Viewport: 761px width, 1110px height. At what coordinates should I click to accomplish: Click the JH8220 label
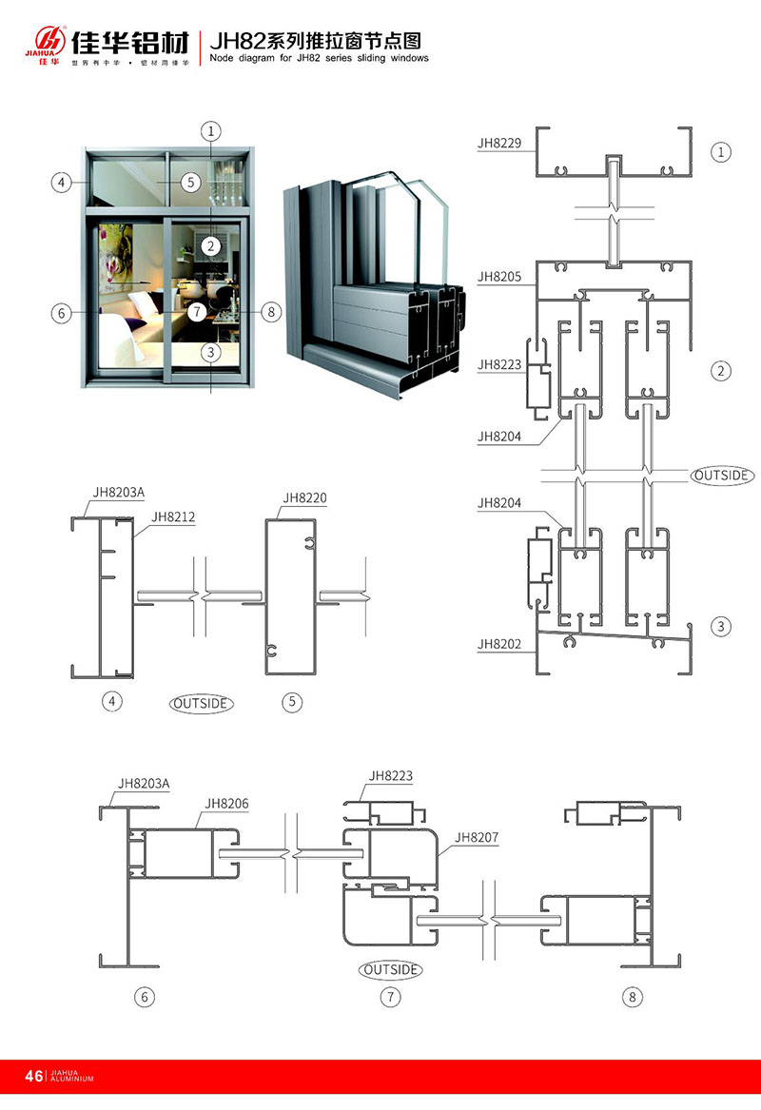304,497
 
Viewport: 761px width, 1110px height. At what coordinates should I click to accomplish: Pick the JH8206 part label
226,804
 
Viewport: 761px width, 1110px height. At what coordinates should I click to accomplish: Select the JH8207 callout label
478,838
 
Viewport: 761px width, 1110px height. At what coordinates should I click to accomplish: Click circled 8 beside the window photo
271,311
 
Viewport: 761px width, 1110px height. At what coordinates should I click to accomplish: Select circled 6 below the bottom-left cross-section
145,997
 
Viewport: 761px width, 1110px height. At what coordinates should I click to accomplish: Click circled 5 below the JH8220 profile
292,702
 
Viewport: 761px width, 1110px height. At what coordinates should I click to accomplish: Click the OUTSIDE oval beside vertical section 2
722,475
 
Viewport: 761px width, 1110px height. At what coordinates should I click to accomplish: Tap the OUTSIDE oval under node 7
390,969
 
